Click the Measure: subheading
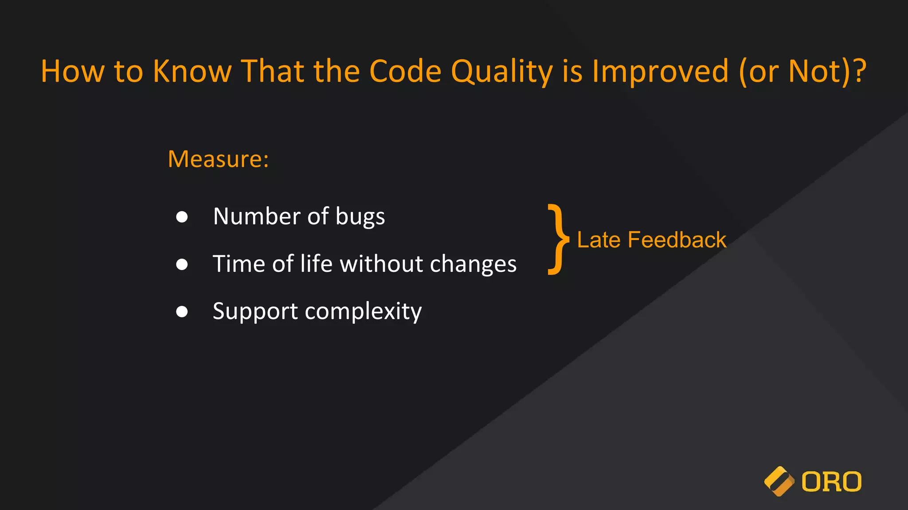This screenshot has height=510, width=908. click(x=218, y=159)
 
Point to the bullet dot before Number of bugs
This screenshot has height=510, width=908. click(x=182, y=217)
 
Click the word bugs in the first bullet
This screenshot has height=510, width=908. click(x=360, y=217)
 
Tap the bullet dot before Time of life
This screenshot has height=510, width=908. click(x=182, y=264)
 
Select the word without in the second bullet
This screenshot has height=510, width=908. click(x=381, y=264)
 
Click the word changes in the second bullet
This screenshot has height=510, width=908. click(x=473, y=264)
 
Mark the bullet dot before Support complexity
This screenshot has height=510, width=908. click(x=182, y=312)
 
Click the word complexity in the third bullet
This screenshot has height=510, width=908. click(x=363, y=312)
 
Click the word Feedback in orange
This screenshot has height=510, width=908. click(x=677, y=240)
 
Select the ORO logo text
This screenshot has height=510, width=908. click(x=831, y=482)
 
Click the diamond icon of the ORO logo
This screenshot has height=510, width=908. click(x=779, y=481)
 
